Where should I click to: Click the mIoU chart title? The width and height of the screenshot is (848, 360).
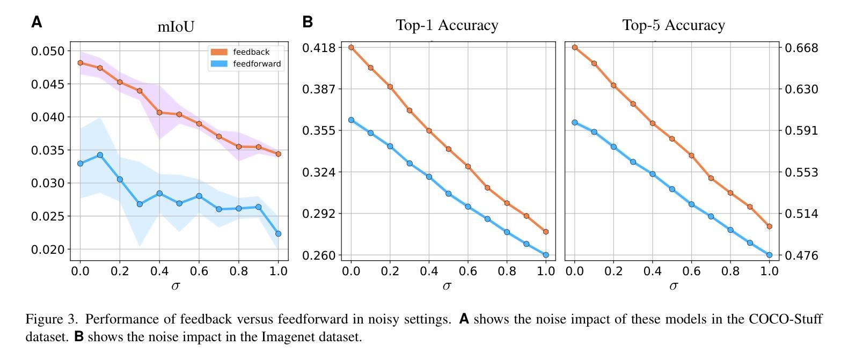(x=176, y=26)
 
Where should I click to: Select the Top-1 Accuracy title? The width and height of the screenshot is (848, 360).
(x=447, y=25)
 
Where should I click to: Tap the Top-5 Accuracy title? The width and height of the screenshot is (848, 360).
(x=674, y=25)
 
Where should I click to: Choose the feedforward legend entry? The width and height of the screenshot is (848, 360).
(x=257, y=64)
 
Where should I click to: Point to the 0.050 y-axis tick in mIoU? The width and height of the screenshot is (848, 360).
(x=48, y=52)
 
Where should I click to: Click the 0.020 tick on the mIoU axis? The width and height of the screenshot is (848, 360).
(x=48, y=249)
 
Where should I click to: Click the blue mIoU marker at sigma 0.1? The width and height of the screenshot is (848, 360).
(x=100, y=155)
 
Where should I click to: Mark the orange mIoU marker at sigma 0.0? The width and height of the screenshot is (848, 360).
(x=81, y=63)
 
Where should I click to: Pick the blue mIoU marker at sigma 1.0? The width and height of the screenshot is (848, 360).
(x=278, y=234)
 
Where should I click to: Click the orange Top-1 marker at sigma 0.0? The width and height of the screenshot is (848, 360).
(x=351, y=47)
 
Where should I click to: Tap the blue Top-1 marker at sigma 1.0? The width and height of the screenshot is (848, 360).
(x=546, y=255)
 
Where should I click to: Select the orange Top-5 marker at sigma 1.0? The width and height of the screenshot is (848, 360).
(x=770, y=226)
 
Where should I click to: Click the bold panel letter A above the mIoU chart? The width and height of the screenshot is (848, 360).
(x=36, y=22)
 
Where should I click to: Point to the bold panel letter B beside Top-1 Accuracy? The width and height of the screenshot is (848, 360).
(x=308, y=22)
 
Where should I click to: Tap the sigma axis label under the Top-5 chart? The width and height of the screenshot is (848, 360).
(x=674, y=285)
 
